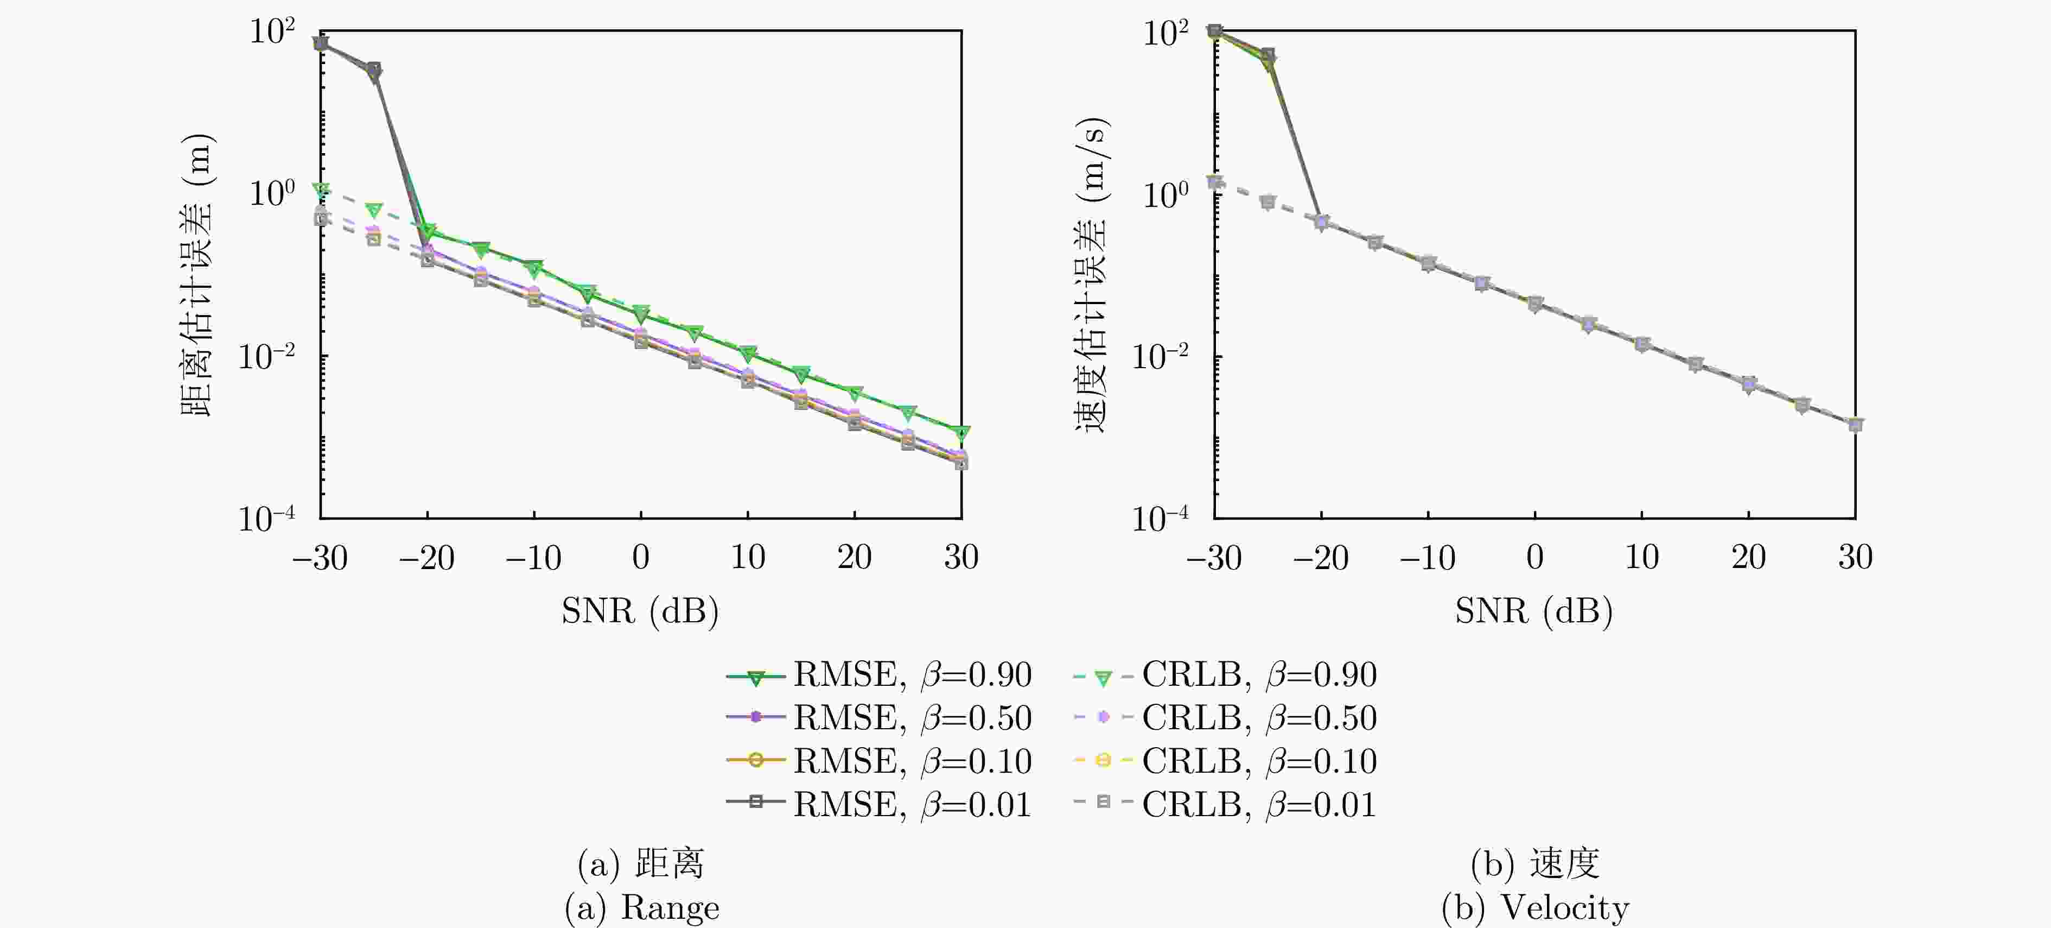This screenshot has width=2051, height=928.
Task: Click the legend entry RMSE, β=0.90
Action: click(879, 676)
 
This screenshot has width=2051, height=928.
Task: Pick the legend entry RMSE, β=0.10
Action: click(879, 761)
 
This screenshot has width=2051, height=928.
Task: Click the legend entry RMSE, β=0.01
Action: click(879, 805)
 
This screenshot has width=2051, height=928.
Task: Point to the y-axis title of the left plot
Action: click(196, 275)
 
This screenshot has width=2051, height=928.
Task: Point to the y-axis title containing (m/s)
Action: click(1092, 275)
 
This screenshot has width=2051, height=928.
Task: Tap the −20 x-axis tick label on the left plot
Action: click(427, 558)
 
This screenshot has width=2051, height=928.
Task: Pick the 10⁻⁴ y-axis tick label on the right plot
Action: click(1160, 519)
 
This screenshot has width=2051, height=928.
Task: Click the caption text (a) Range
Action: click(642, 907)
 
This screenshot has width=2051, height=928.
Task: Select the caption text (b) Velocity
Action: click(1535, 907)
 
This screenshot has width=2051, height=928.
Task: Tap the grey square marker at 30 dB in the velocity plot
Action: click(1855, 425)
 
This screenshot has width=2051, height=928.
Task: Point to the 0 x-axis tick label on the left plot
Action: click(641, 558)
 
